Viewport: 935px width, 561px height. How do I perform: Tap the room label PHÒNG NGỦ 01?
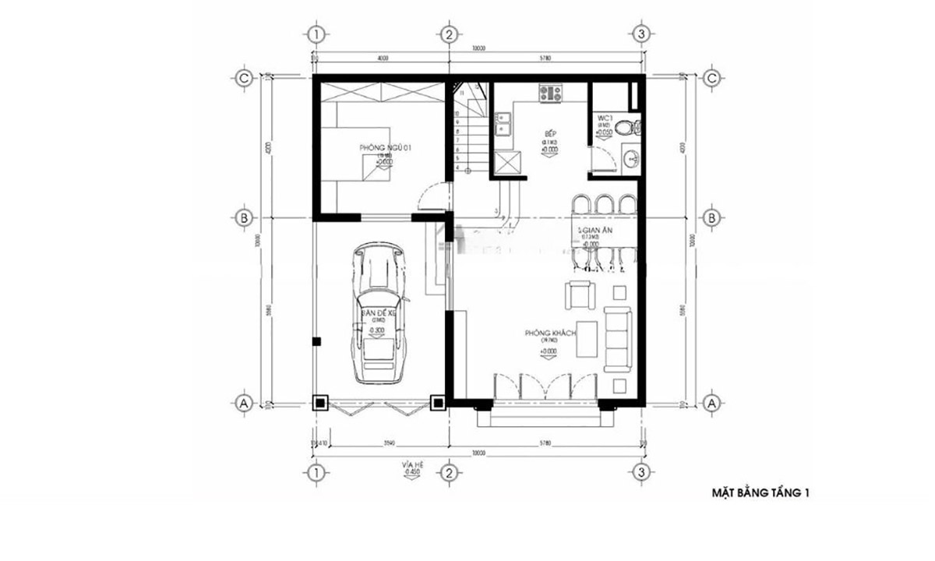click(380, 147)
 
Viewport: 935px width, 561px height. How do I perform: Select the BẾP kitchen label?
click(549, 133)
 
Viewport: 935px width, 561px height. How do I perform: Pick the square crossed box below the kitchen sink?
click(507, 163)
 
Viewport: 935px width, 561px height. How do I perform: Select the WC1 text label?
click(605, 119)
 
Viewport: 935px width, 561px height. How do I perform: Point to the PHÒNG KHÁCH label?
click(550, 333)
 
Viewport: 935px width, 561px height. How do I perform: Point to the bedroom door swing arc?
click(430, 196)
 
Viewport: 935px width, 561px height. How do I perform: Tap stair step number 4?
click(459, 167)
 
